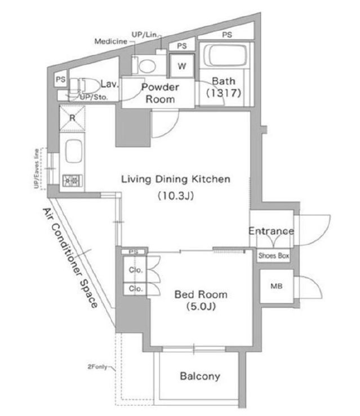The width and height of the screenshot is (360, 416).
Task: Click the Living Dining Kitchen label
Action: click(x=176, y=179)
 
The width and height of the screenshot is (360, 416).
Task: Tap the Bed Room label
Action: click(x=201, y=294)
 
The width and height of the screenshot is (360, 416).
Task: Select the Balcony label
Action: click(x=200, y=376)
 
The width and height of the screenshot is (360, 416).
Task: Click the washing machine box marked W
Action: click(x=182, y=66)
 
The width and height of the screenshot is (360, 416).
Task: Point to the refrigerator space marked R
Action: click(x=72, y=118)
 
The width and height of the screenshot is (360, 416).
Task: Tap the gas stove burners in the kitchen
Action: click(x=72, y=181)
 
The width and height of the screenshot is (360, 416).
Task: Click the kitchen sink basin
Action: click(x=73, y=151)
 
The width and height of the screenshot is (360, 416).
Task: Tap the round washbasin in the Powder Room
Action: click(x=146, y=66)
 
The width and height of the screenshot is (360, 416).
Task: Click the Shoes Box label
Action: click(x=274, y=255)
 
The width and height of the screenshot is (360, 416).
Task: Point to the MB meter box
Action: click(x=277, y=286)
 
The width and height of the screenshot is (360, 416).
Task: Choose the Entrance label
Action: click(x=271, y=231)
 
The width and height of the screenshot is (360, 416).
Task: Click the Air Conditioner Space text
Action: click(x=70, y=258)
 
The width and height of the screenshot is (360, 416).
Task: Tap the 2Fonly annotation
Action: click(x=97, y=367)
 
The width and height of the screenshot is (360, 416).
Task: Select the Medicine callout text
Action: click(x=111, y=41)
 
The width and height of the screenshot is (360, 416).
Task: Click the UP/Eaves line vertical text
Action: click(x=37, y=169)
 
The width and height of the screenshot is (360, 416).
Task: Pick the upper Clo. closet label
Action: click(x=136, y=270)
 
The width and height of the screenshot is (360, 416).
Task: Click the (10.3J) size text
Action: click(x=176, y=196)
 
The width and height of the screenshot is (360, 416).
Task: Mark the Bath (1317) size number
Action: click(x=224, y=93)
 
